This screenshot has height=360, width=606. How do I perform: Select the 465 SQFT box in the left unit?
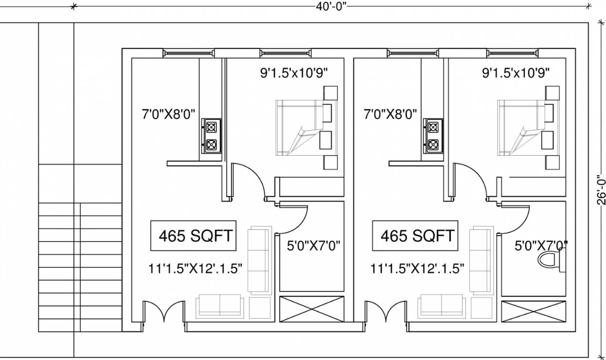[195, 235]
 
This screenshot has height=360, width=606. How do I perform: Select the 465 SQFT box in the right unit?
[417, 235]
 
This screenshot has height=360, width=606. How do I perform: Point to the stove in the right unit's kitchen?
[433, 136]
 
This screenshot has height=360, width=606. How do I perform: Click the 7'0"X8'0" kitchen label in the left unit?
[168, 114]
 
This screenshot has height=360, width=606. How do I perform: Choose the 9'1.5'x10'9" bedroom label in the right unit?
[516, 73]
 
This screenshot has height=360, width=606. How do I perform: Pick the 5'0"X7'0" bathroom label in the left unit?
[313, 245]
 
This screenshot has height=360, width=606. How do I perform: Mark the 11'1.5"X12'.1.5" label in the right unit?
[417, 269]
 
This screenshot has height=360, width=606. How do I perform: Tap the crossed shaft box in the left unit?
[312, 309]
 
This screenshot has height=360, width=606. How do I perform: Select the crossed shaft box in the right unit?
[533, 311]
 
